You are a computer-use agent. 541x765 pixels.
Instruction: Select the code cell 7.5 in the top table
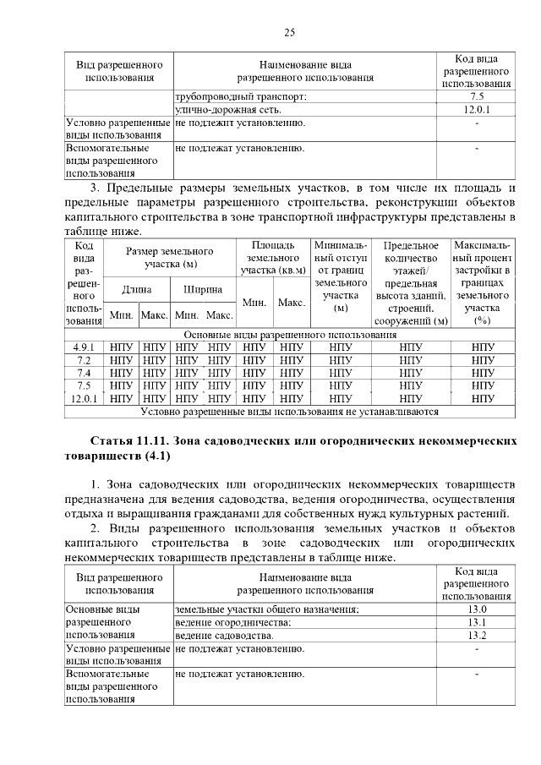(x=477, y=97)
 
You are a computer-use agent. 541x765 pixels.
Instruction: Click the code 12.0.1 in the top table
(x=477, y=110)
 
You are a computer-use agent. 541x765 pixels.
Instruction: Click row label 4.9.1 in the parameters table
(x=84, y=347)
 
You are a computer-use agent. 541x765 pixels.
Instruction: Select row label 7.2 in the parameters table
(x=84, y=360)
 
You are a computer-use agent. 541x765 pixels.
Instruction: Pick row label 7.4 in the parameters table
(x=84, y=373)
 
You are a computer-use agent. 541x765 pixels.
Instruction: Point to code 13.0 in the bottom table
(x=477, y=609)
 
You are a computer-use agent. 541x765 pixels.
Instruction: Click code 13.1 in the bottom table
(x=477, y=622)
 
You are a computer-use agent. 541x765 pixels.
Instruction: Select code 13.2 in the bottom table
(x=477, y=635)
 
